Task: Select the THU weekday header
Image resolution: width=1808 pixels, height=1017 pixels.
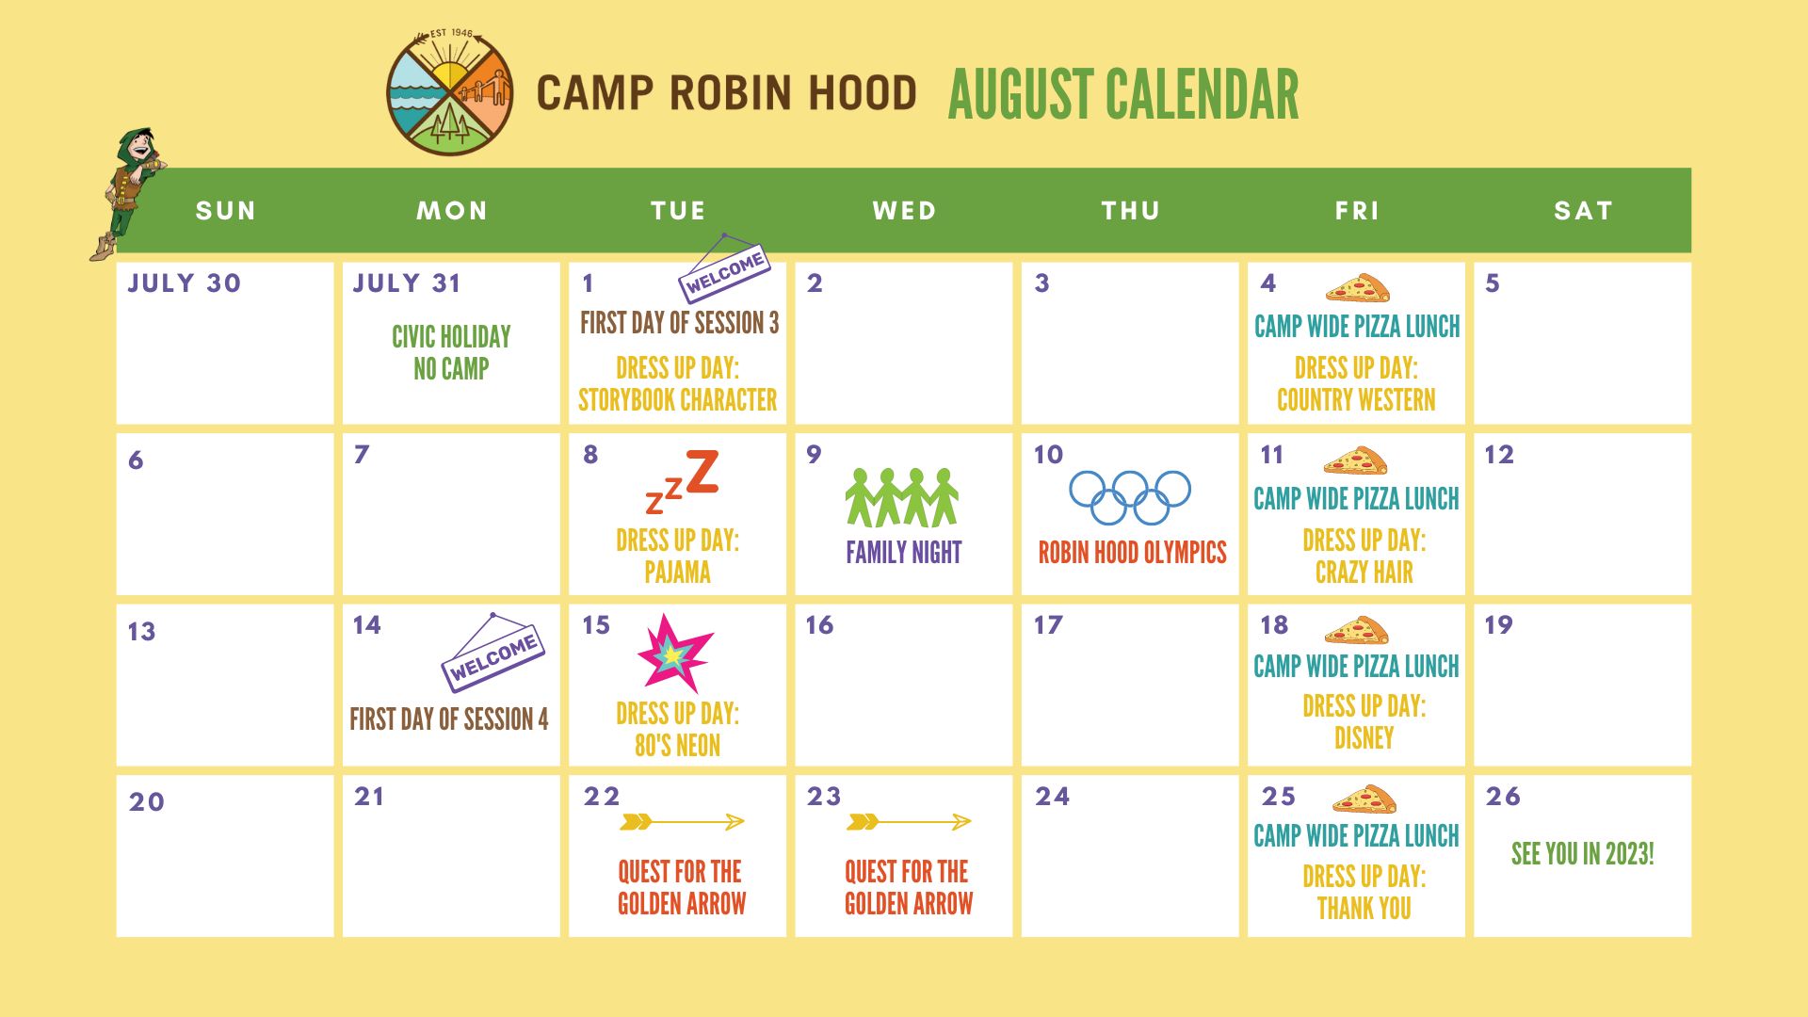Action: pyautogui.click(x=1130, y=210)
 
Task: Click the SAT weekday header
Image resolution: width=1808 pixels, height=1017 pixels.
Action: pyautogui.click(x=1583, y=210)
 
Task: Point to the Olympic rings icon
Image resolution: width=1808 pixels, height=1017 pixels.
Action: pyautogui.click(x=1130, y=496)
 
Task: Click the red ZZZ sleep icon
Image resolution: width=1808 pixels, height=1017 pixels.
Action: pyautogui.click(x=683, y=481)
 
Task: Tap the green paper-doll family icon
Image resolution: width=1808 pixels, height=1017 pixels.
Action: pyautogui.click(x=902, y=497)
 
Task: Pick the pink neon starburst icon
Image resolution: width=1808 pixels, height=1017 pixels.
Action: pyautogui.click(x=674, y=653)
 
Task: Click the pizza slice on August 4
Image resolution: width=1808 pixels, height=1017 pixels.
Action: pyautogui.click(x=1358, y=288)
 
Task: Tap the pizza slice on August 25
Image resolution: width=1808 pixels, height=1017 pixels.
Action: pyautogui.click(x=1364, y=799)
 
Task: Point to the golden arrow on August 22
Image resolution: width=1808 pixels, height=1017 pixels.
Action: pyautogui.click(x=682, y=822)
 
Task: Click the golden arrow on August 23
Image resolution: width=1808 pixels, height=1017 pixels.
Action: pyautogui.click(x=909, y=822)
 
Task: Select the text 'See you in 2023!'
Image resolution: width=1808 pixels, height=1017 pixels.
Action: pyautogui.click(x=1582, y=854)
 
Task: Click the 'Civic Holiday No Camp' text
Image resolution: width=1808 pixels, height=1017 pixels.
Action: pyautogui.click(x=451, y=352)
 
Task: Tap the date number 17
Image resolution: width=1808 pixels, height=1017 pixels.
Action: pyautogui.click(x=1048, y=625)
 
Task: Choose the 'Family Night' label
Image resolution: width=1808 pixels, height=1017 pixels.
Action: pyautogui.click(x=903, y=552)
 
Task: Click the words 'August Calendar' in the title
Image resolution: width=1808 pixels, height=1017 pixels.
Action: pyautogui.click(x=1122, y=94)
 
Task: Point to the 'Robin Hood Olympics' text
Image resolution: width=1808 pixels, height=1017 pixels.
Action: pyautogui.click(x=1132, y=552)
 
